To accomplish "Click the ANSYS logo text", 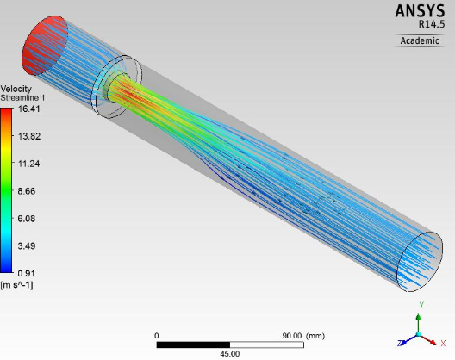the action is pos(420,11).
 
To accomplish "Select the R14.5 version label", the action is pos(432,24).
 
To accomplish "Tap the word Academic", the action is pos(420,40).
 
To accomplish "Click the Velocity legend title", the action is pos(16,89).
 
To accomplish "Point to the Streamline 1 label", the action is pos(22,98).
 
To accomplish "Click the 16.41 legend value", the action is pos(28,109).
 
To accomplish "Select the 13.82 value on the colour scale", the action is pos(29,136).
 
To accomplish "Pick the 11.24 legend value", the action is pos(28,164).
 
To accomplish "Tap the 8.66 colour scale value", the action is pos(27,191).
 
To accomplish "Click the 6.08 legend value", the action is pos(27,219).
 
